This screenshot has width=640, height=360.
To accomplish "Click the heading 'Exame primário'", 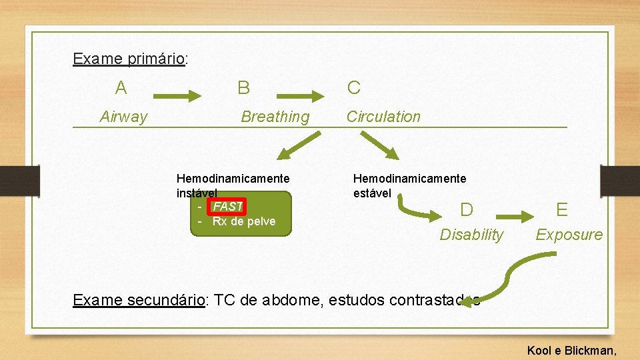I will coord(129,59).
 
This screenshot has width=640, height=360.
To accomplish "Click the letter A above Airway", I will coord(121,87).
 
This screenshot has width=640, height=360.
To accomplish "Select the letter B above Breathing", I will coord(244,87).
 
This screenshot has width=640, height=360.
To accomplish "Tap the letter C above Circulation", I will coord(353,87).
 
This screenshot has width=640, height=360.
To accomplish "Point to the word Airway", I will coord(123,117).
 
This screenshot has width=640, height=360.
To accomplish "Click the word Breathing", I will coord(275,117).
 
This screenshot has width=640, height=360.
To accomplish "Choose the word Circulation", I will coord(383,117).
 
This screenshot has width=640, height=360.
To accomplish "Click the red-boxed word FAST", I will coord(227,207).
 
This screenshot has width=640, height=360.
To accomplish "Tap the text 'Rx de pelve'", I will coord(243,221).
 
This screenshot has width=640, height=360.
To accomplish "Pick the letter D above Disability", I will coord(467,210).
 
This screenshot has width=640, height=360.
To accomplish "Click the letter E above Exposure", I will coord(562,210).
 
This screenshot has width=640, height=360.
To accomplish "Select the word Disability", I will coord(471,235).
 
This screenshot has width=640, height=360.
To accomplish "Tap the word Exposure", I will coord(569,235).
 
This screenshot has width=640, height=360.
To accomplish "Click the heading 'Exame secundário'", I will coord(139,300).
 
